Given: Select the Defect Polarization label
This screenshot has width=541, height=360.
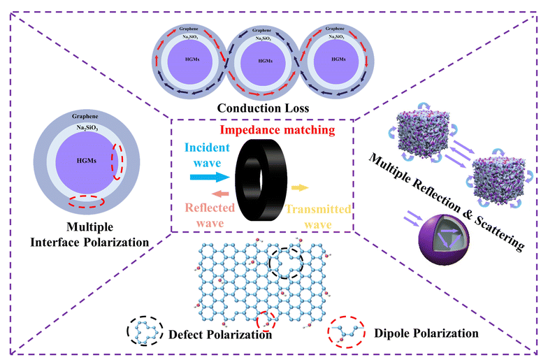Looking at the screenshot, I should tap(220, 334).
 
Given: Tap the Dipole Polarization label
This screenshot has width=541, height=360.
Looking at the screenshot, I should tap(426, 333).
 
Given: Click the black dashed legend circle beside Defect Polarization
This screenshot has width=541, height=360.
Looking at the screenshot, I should tap(145, 329).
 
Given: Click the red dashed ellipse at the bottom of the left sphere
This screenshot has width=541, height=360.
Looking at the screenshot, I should tap(87, 202).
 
